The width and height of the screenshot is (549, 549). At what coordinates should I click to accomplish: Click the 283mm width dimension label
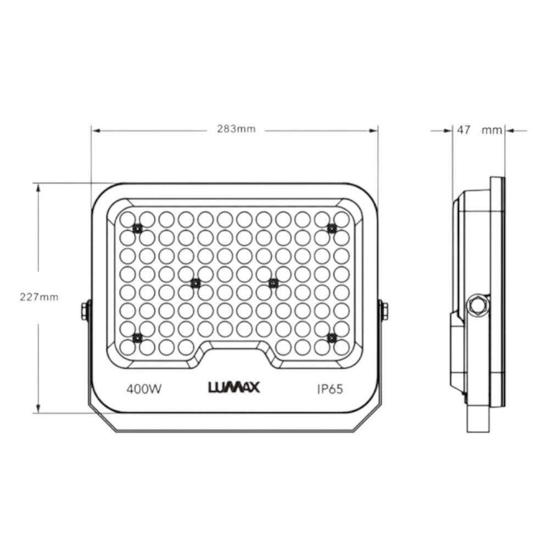click(236, 129)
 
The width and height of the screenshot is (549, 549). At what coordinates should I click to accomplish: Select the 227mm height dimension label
click(39, 297)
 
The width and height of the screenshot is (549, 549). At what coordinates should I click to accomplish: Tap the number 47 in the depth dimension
click(463, 130)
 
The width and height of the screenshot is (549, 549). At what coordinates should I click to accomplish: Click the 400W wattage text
click(144, 389)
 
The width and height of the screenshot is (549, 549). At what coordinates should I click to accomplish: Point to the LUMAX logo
click(234, 387)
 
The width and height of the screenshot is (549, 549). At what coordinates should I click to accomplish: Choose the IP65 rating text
click(330, 389)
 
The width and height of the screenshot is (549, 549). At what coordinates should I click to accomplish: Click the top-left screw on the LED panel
click(137, 228)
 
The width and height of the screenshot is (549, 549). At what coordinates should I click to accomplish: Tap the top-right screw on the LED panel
click(332, 228)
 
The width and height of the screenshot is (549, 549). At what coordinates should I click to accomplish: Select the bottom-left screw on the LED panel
click(137, 338)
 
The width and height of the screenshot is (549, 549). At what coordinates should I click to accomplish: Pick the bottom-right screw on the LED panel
click(332, 338)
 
